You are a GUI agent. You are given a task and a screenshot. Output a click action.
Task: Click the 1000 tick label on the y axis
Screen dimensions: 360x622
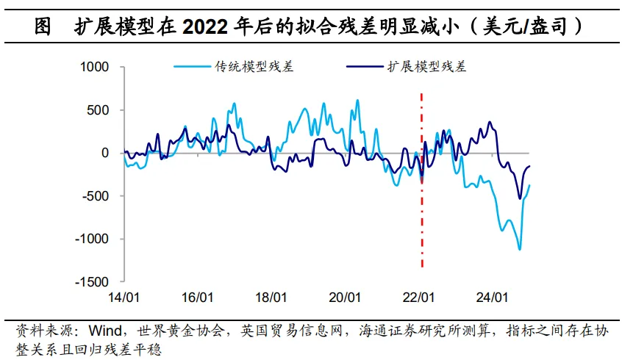(x=94, y=68)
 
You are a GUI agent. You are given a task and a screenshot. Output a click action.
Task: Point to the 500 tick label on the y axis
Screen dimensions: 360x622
(x=99, y=110)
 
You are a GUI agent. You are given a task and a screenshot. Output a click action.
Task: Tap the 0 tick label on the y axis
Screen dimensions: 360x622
(x=105, y=153)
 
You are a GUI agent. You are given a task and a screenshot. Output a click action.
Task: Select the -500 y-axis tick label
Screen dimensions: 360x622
(x=96, y=196)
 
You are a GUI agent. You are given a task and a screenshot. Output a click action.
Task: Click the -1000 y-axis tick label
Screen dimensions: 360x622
(x=92, y=239)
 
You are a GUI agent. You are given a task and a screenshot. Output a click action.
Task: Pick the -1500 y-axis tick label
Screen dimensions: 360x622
(x=92, y=281)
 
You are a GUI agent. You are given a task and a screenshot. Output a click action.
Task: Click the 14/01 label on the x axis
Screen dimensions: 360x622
(x=123, y=298)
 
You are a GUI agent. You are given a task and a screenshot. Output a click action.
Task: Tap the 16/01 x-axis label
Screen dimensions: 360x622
(x=197, y=298)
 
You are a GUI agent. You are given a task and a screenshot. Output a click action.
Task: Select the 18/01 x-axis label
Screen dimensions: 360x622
(x=271, y=298)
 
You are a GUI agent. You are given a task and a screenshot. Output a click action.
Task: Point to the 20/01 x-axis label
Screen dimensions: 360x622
(x=346, y=298)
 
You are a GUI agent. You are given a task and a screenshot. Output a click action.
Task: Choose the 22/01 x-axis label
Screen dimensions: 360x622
(x=420, y=298)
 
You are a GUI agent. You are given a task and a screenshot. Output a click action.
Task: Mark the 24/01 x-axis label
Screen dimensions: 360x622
(x=494, y=298)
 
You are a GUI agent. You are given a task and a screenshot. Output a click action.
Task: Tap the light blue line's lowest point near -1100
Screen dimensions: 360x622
(x=519, y=249)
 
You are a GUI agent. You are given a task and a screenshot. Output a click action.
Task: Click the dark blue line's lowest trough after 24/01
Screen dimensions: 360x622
(x=520, y=198)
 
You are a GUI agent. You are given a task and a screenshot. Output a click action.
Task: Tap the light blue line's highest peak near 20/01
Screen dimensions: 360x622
(x=357, y=101)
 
